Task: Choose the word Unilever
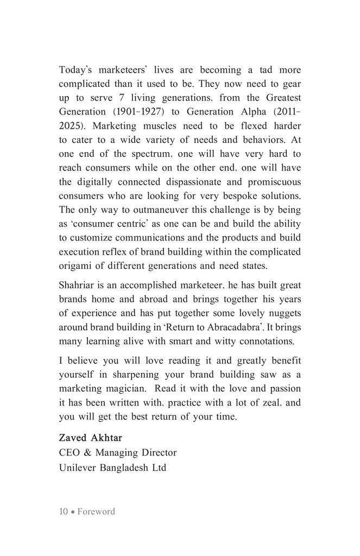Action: [77, 466]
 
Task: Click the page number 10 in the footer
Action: [64, 511]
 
